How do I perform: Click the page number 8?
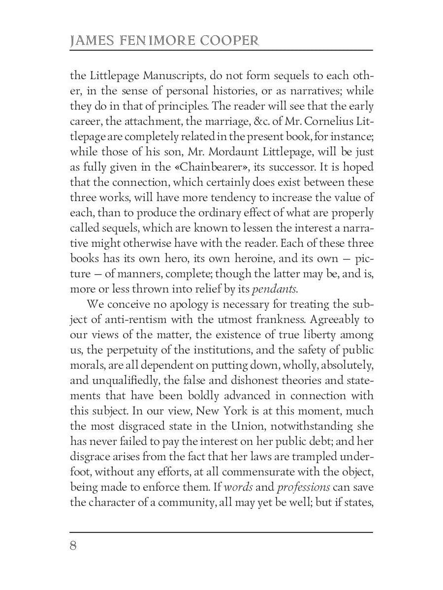(x=73, y=546)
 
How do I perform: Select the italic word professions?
(x=303, y=487)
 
